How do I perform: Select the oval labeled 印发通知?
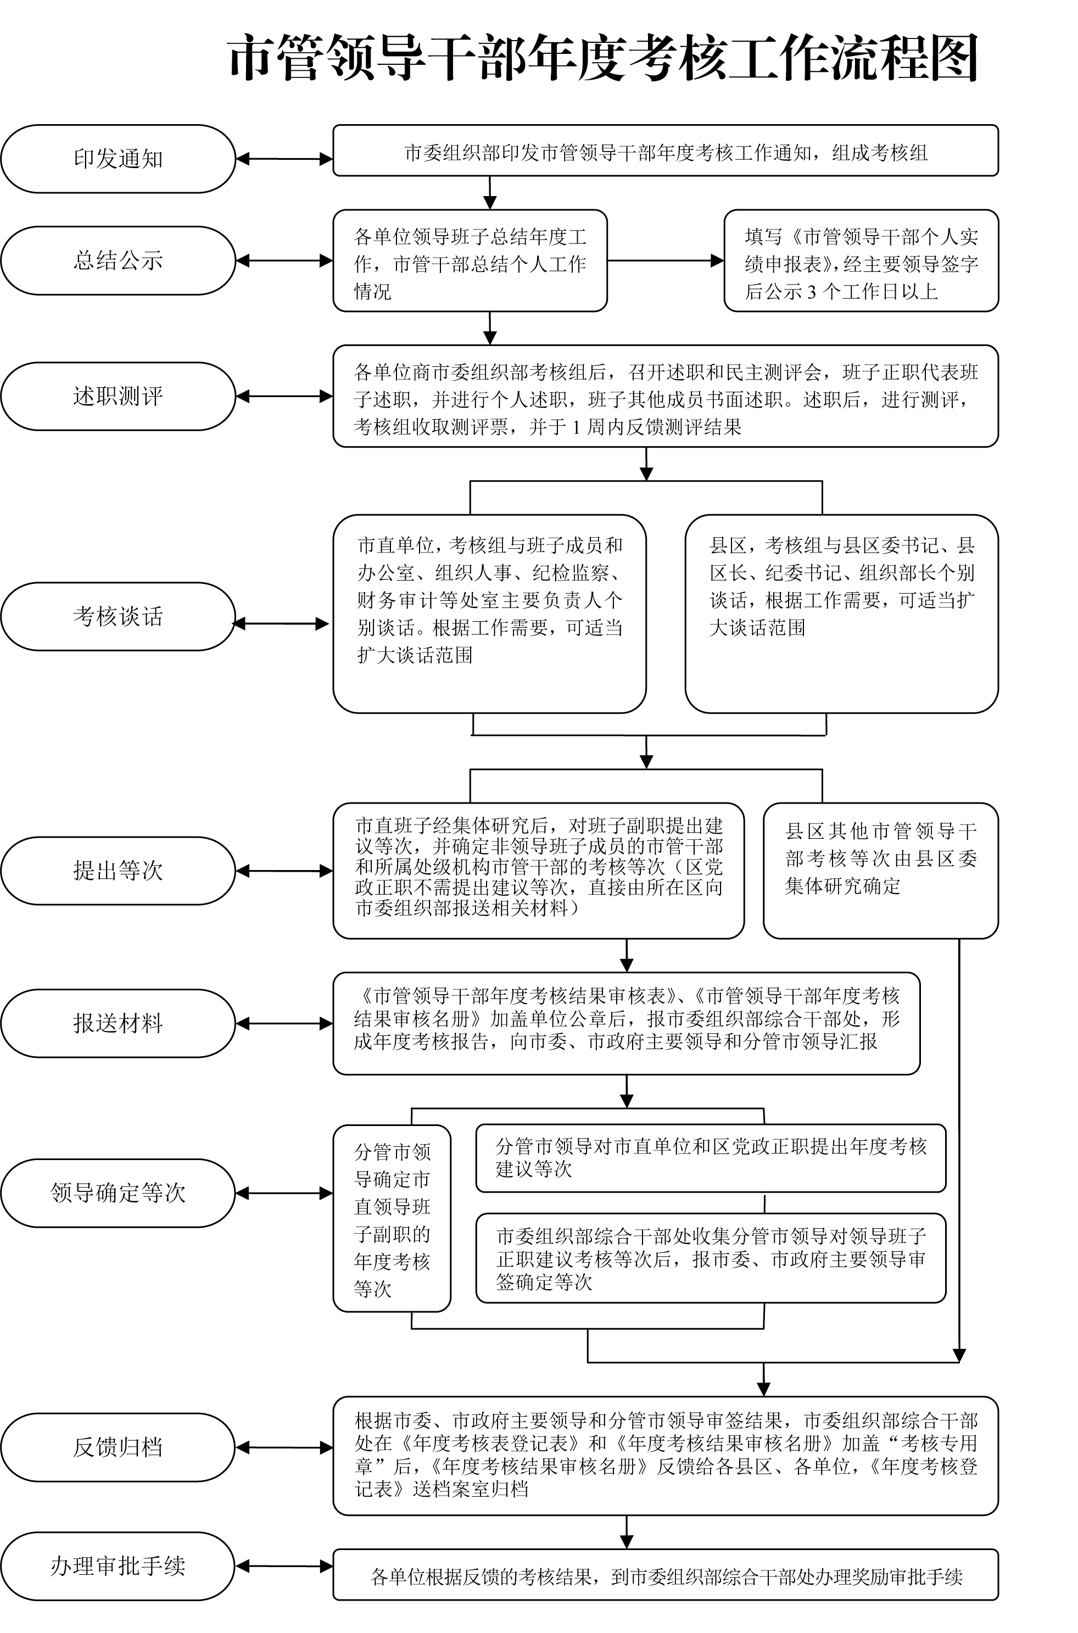(118, 159)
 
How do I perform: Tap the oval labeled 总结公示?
(118, 260)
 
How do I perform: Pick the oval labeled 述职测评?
(118, 396)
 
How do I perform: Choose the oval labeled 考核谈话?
(118, 617)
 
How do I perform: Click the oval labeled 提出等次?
(118, 871)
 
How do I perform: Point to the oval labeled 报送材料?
(118, 1023)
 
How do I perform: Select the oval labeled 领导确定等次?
(118, 1193)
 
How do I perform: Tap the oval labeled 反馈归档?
(118, 1447)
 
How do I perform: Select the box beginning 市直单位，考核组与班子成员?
(489, 614)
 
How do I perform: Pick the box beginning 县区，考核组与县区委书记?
(841, 614)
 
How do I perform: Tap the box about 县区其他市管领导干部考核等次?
(881, 871)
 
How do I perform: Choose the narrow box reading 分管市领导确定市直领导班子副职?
(392, 1218)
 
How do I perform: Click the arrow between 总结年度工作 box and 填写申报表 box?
(666, 260)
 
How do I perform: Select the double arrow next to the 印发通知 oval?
(284, 159)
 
